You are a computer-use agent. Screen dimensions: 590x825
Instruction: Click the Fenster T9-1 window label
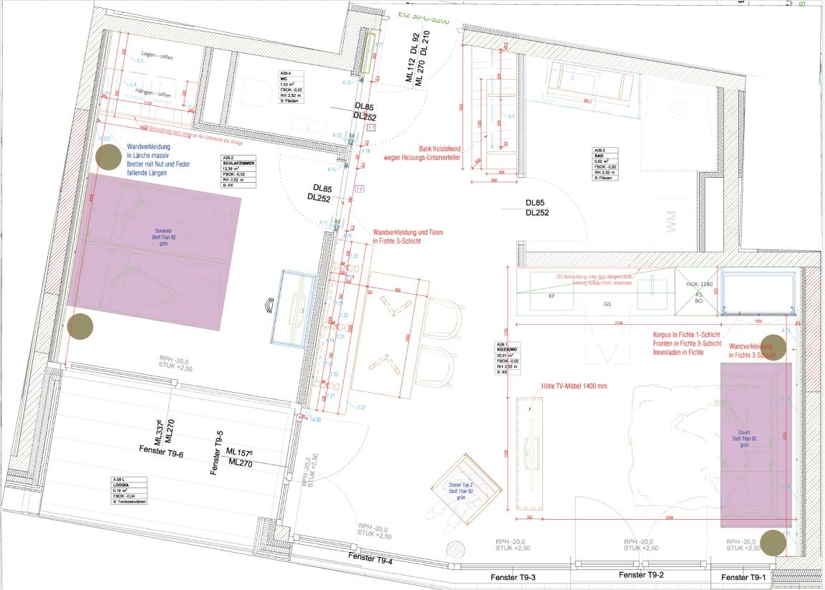[x=744, y=578]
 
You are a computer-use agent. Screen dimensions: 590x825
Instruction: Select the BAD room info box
[x=611, y=162]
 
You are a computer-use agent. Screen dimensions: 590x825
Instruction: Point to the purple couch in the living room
[x=756, y=445]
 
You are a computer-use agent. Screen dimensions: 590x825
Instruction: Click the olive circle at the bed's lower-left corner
[x=80, y=325]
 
